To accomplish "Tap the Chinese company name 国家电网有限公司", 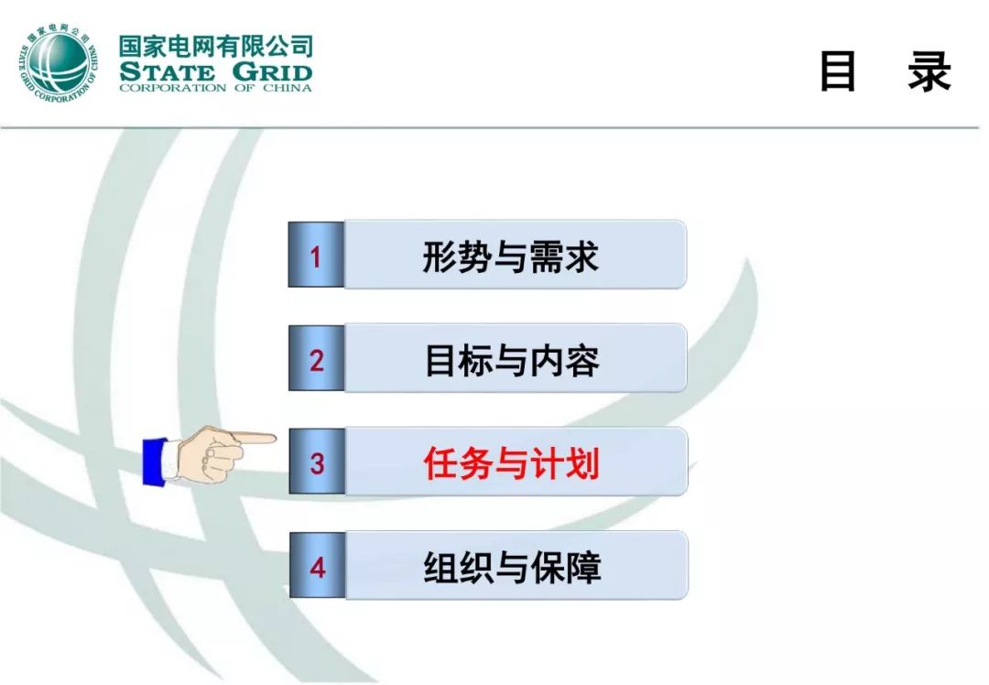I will click(215, 46).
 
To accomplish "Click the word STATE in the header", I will click(166, 71).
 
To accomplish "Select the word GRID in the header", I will click(271, 71).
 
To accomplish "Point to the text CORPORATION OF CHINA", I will click(215, 88).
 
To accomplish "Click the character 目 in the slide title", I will click(837, 72).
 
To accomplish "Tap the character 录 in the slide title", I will click(929, 72).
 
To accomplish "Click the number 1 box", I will click(316, 256).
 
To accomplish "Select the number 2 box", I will click(316, 360).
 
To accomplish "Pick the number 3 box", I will click(317, 463).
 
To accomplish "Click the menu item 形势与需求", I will click(510, 256).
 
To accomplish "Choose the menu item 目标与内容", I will click(511, 360).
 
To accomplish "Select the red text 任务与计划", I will click(511, 463).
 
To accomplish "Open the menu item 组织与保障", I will click(512, 568).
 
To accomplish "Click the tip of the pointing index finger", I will click(273, 438).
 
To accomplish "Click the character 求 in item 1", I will click(581, 256).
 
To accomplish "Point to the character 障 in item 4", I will click(583, 568).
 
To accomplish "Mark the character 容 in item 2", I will click(582, 360).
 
